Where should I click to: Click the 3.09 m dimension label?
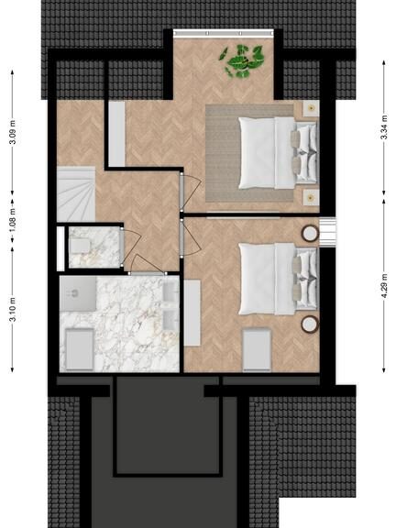click(13, 131)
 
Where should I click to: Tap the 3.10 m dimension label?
click(13, 309)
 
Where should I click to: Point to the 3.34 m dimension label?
click(384, 127)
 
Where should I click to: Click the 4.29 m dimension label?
click(384, 286)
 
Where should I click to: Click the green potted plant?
click(242, 61)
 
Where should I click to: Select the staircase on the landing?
click(76, 194)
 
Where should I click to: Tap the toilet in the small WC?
click(80, 245)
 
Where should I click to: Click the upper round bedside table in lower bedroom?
click(310, 234)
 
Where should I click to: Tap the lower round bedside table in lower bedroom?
click(310, 324)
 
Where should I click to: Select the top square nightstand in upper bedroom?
click(311, 108)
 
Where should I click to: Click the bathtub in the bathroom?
click(80, 349)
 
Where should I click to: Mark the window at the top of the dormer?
click(224, 33)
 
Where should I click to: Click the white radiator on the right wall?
click(327, 232)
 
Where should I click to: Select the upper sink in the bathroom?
click(170, 291)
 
